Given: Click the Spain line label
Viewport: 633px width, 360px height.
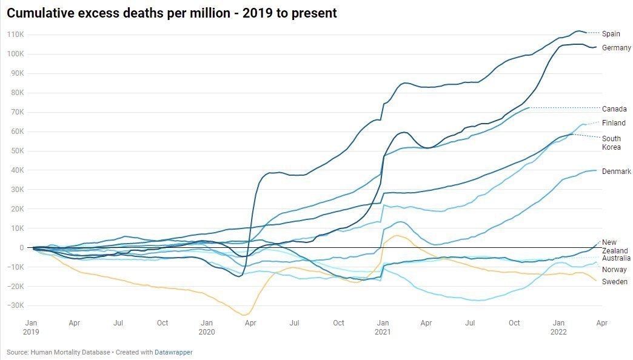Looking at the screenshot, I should (x=611, y=34).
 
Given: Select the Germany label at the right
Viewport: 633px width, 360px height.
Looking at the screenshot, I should (x=616, y=48).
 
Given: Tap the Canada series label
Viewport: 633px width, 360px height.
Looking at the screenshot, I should (x=614, y=109).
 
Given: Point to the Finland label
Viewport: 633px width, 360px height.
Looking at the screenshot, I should (x=614, y=123).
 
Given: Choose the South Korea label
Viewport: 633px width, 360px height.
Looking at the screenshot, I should (x=611, y=142).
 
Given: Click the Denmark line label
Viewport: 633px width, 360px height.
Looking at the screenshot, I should (x=616, y=172).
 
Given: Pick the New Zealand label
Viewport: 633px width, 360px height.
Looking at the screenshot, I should (x=614, y=247).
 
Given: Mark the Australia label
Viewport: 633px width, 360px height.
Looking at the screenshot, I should (x=616, y=259).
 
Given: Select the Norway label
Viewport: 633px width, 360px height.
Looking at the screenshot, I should (x=614, y=270).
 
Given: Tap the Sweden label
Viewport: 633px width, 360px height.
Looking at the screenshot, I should (x=615, y=282).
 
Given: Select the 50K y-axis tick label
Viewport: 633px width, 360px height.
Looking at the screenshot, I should (x=16, y=151).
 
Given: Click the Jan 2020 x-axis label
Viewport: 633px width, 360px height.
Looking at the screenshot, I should (x=206, y=327).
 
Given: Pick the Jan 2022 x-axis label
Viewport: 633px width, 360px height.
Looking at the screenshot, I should (x=558, y=327).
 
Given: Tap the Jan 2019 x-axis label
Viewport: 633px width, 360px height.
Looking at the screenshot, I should (x=31, y=327).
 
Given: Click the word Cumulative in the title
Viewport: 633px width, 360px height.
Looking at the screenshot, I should (x=41, y=13).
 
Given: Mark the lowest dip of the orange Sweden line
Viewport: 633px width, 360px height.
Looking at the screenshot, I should (x=244, y=315).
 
